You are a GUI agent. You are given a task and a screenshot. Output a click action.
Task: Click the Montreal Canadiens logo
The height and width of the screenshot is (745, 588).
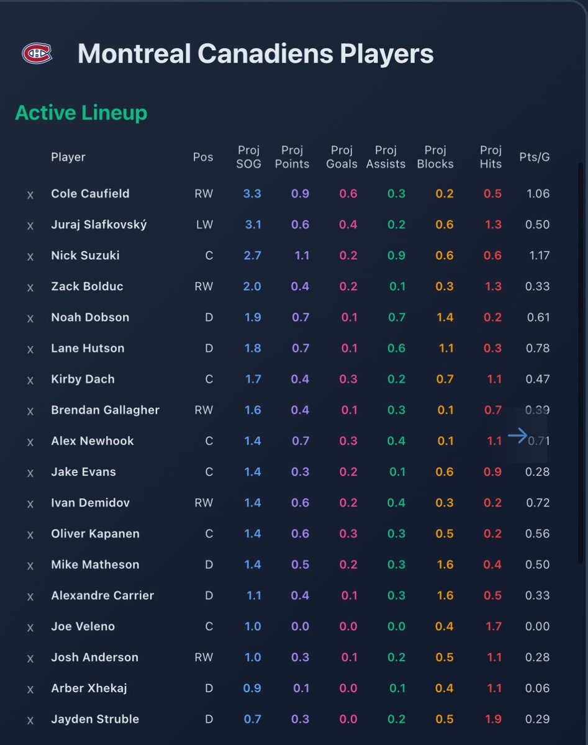pyautogui.click(x=37, y=53)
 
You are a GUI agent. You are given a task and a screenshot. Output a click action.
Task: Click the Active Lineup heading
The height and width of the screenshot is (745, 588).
pyautogui.click(x=81, y=113)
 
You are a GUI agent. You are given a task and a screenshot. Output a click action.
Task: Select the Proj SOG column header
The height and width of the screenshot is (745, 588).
pyautogui.click(x=248, y=157)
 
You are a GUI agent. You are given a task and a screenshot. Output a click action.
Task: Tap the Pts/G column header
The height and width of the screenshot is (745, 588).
pyautogui.click(x=534, y=157)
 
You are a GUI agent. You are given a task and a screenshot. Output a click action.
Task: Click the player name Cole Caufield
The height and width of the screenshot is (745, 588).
pyautogui.click(x=90, y=194)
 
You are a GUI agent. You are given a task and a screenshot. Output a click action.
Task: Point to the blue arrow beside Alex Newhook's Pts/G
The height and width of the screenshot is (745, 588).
pyautogui.click(x=517, y=436)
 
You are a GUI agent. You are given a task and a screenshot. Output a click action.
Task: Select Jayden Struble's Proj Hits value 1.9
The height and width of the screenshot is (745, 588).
pyautogui.click(x=493, y=719)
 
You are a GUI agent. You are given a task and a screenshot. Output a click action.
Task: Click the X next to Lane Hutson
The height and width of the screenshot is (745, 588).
pyautogui.click(x=30, y=350)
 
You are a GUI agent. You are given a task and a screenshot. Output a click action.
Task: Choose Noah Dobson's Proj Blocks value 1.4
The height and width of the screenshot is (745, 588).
pyautogui.click(x=445, y=317)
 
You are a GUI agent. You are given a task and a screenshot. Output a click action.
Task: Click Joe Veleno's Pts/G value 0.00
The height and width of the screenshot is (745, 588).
pyautogui.click(x=537, y=626)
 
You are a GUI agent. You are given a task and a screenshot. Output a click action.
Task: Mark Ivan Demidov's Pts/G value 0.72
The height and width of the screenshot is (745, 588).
pyautogui.click(x=537, y=503)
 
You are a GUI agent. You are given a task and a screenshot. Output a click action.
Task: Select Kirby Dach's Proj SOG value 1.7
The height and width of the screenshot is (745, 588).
pyautogui.click(x=253, y=379)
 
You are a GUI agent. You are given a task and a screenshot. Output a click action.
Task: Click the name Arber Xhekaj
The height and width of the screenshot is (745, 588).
pyautogui.click(x=89, y=688)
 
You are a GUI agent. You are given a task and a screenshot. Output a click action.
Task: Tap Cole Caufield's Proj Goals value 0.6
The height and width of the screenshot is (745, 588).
pyautogui.click(x=348, y=194)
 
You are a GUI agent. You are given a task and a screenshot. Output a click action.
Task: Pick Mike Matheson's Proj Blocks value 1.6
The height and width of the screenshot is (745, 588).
pyautogui.click(x=445, y=564)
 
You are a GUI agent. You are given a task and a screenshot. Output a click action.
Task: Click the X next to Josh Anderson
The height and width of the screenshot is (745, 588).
pyautogui.click(x=30, y=658)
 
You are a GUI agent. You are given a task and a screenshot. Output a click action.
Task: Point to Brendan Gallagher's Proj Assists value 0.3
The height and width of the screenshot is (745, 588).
pyautogui.click(x=396, y=410)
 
